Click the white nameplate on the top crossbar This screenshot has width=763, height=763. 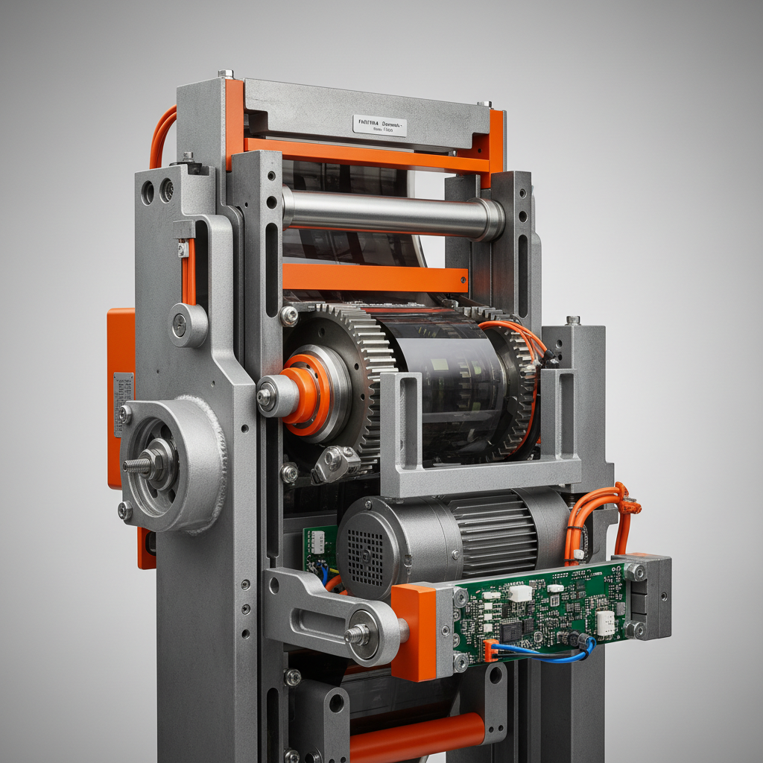379,125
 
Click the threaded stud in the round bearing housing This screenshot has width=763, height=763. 139,465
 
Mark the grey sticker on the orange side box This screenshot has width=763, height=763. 123,402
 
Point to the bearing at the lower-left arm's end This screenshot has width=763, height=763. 364,634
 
